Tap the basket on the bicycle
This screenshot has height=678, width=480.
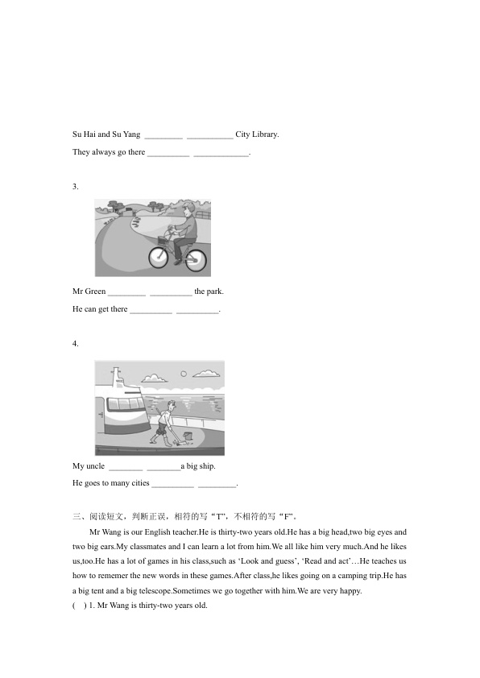click(x=163, y=241)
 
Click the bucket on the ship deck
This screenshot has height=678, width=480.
click(x=187, y=436)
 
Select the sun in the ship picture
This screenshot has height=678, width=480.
click(x=184, y=374)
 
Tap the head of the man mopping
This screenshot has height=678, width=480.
click(x=172, y=405)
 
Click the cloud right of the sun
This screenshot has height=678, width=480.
click(x=206, y=373)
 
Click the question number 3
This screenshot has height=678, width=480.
click(x=75, y=187)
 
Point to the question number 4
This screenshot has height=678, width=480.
click(x=75, y=344)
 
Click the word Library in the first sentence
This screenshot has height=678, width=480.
click(x=265, y=134)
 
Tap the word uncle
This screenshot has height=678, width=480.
click(x=95, y=466)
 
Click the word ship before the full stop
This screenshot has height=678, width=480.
click(x=207, y=466)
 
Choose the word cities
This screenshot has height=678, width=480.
click(x=140, y=483)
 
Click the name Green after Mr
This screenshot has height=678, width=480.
click(x=96, y=291)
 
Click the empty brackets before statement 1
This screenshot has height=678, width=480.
click(x=79, y=606)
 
